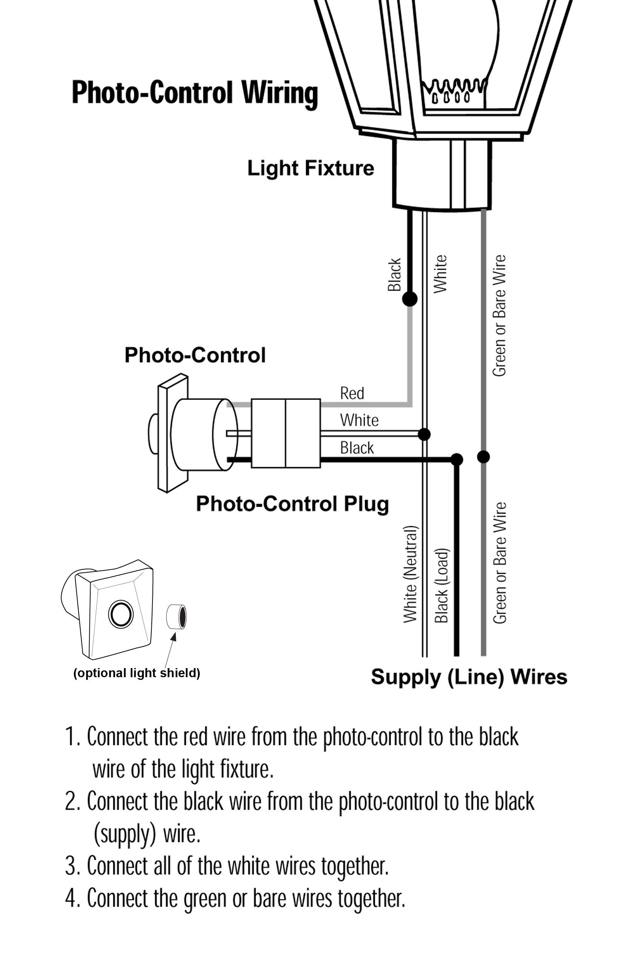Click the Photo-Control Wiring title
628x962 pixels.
(194, 92)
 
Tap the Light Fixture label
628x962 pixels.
(311, 168)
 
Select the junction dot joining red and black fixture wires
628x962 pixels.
(409, 299)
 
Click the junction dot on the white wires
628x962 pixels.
(424, 434)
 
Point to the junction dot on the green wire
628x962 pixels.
(483, 457)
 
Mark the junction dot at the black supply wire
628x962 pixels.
(457, 459)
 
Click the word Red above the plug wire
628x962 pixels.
(352, 393)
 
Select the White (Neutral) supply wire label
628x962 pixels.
(410, 574)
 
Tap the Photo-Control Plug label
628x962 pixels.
(292, 504)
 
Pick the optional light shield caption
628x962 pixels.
(137, 673)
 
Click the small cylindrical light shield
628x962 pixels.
(176, 616)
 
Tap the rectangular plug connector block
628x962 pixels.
(285, 433)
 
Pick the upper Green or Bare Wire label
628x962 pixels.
(499, 315)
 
